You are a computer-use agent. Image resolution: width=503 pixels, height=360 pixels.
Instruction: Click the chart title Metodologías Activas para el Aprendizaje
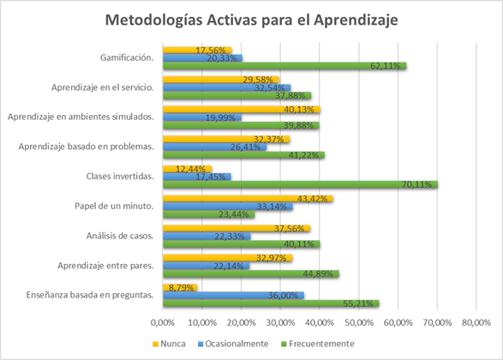pos(252,20)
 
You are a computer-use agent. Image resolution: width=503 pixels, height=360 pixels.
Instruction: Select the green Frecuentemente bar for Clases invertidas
pos(300,184)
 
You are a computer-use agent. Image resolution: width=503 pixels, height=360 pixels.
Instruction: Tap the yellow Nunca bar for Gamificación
pos(197,50)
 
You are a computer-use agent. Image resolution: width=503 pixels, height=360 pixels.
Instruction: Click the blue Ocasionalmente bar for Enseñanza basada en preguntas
pos(234,295)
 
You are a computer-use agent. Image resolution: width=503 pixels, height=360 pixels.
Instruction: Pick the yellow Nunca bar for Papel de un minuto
pos(248,199)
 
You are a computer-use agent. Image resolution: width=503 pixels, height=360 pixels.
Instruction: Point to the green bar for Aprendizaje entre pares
pos(251,273)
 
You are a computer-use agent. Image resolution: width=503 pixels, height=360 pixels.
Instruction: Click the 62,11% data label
pos(386,66)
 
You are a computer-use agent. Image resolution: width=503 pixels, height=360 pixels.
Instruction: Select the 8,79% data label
pos(182,287)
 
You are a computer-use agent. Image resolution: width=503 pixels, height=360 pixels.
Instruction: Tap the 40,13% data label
pos(299,110)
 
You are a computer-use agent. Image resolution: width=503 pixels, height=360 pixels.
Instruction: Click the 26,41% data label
pos(245,147)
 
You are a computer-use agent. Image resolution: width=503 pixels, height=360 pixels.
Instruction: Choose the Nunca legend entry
pos(170,344)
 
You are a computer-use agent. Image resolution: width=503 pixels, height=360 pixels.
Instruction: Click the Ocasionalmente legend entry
pos(233,344)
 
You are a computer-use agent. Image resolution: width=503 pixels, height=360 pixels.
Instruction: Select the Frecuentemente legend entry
pos(318,344)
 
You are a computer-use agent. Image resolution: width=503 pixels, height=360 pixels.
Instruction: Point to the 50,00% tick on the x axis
pos(359,322)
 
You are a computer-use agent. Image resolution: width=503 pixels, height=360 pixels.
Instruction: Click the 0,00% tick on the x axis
pos(163,322)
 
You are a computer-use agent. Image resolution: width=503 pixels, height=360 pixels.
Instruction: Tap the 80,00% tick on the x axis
pos(476,322)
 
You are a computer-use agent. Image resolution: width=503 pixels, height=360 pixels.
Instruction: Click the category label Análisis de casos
pos(120,237)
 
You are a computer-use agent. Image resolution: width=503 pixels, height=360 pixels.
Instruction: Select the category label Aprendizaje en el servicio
pos(103,87)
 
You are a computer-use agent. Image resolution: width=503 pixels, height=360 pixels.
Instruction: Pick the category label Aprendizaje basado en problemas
pos(87,147)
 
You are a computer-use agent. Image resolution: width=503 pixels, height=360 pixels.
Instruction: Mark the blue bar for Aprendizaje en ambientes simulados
pos(202,117)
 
